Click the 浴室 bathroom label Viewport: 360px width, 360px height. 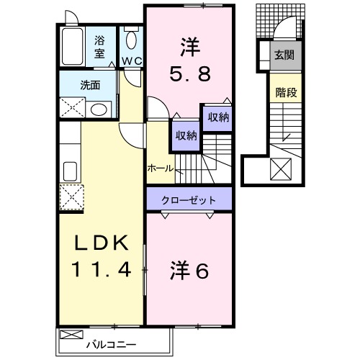(99, 46)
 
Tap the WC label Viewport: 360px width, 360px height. (131, 61)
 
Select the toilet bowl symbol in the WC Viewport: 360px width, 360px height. (131, 40)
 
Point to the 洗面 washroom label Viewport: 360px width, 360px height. (90, 84)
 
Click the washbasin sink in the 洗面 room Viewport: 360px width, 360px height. (100, 109)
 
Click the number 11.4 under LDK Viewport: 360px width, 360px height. (102, 270)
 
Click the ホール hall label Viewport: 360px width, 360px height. (160, 168)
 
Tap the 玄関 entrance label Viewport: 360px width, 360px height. (282, 54)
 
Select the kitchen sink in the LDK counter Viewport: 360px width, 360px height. (71, 171)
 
